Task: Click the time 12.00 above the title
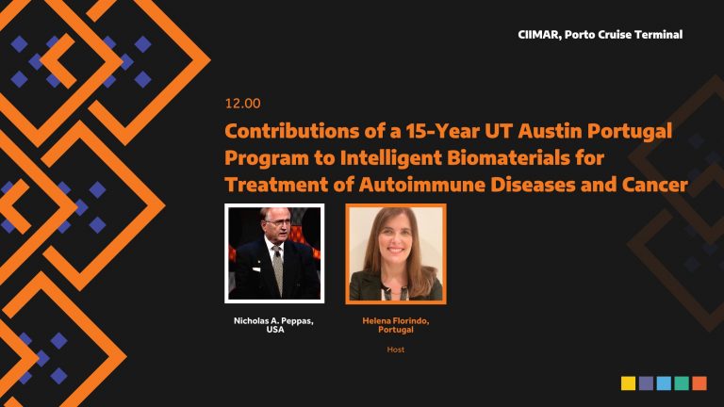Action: tap(243, 103)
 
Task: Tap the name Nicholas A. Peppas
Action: tap(273, 320)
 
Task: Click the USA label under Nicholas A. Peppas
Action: tap(274, 330)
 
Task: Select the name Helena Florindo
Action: tap(396, 320)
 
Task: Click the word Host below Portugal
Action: tap(396, 350)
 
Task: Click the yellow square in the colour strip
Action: tap(628, 383)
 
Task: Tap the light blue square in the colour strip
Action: tap(664, 383)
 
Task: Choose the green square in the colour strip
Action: tap(682, 383)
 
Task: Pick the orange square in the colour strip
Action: tap(699, 383)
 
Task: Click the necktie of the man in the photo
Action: tap(277, 269)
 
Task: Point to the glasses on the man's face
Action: tap(276, 222)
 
